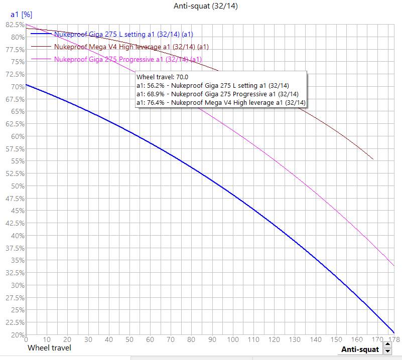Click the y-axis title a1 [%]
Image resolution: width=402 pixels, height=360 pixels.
21,15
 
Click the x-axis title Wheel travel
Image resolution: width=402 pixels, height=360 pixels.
49,347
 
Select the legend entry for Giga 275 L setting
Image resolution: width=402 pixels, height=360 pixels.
123,34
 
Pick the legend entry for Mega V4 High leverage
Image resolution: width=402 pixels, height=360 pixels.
131,47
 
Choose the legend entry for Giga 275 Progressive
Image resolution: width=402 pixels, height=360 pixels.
127,59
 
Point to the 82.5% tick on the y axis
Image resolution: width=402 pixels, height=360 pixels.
14,25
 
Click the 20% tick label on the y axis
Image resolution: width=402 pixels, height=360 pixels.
15,334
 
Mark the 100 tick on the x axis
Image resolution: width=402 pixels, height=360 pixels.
232,340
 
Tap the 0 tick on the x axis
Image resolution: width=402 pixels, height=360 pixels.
26,340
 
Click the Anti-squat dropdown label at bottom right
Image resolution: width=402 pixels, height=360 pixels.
360,349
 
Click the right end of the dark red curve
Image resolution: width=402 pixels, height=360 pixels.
373,159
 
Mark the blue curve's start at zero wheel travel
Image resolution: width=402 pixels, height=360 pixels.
26,84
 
